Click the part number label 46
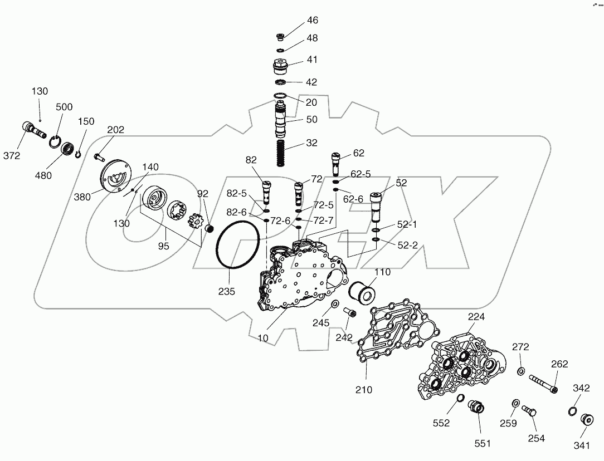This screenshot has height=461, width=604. [x=313, y=21]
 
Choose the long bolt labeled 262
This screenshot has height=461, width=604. [x=539, y=384]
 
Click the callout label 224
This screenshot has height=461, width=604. [x=476, y=317]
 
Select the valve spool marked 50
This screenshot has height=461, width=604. [x=281, y=120]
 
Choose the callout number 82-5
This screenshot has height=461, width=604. [x=236, y=193]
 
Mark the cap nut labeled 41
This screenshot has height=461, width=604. [x=280, y=68]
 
